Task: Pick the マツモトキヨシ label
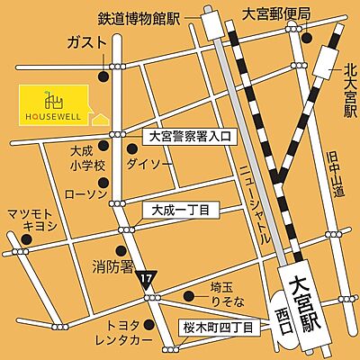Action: coord(33,220)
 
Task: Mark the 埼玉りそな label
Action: coord(220,294)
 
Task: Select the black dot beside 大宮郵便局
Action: coord(309,39)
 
